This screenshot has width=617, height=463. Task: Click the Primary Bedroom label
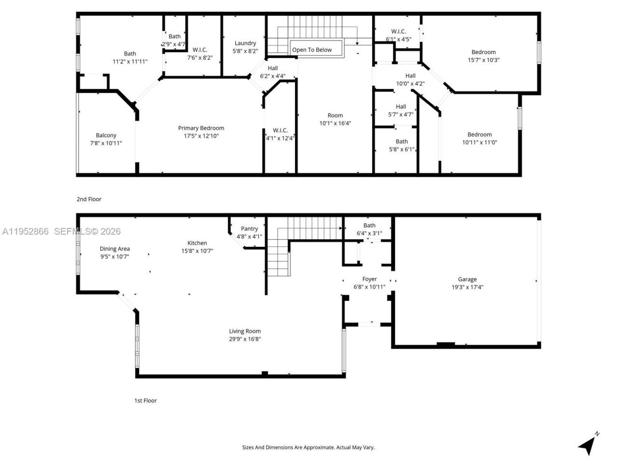point(201,128)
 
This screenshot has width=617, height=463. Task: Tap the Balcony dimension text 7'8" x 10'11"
point(106,143)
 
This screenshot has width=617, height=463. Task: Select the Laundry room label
point(245,43)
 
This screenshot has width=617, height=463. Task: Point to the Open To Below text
point(312,50)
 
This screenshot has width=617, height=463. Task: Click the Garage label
point(467,279)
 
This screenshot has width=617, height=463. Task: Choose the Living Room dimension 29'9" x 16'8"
point(245,339)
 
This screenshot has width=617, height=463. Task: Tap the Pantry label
point(249,229)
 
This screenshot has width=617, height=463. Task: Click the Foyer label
point(369,279)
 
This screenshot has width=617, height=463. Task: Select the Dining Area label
point(115,249)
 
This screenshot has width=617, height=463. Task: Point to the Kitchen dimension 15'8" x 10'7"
point(197,251)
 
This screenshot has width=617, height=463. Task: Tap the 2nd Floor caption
point(89,199)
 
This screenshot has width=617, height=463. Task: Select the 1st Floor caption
point(145,401)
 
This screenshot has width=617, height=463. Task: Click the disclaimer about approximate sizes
point(308,447)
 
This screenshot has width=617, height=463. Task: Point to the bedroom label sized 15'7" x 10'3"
point(483,52)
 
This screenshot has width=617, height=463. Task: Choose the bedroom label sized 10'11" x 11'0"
point(480,135)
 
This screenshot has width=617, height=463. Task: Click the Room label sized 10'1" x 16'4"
point(335,116)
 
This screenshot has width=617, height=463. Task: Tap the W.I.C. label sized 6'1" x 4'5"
point(398,31)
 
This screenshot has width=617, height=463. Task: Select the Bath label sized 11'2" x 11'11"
point(130,54)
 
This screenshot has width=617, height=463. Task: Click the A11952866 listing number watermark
point(25,231)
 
